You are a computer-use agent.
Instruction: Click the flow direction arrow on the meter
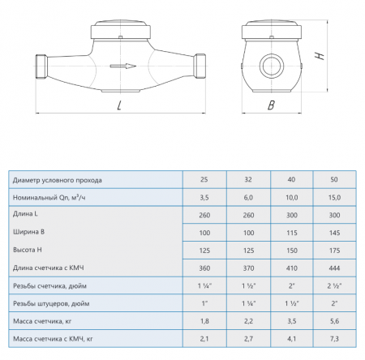point(123,66)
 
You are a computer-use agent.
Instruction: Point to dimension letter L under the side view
point(119,105)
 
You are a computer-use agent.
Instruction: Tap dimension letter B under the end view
point(271,105)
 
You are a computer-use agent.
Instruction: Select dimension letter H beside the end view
point(320,56)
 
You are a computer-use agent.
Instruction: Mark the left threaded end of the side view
point(41,66)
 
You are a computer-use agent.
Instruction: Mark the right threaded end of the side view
point(200,66)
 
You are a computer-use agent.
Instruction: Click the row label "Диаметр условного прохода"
point(58,180)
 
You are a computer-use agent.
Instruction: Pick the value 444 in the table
point(334,268)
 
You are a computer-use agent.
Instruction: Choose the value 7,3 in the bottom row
point(334,339)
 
